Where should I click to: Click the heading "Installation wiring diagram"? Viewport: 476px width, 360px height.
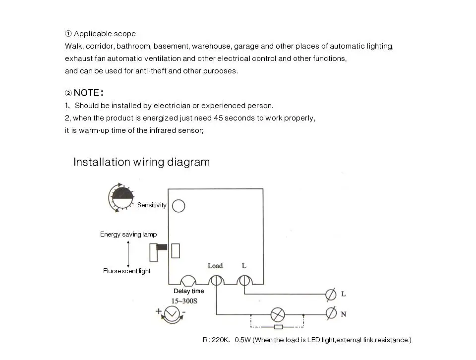point(141,162)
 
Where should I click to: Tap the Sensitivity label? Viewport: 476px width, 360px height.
point(152,205)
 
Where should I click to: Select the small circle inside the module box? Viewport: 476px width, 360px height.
point(178,206)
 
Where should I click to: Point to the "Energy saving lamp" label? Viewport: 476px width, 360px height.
point(128,235)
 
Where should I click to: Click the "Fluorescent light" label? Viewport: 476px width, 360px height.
point(127,271)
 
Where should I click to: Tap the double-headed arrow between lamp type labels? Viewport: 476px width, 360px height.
point(128,253)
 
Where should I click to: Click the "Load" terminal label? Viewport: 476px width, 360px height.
point(215,266)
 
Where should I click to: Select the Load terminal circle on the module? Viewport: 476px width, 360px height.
point(216,281)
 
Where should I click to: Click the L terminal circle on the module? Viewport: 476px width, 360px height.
point(243,281)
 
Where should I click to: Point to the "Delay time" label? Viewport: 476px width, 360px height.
point(188,291)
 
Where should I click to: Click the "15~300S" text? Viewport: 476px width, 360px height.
point(184,301)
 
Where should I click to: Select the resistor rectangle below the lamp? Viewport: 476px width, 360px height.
point(278,327)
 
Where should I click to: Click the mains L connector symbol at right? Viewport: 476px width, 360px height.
point(330,294)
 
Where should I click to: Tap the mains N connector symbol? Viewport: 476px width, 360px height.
point(330,313)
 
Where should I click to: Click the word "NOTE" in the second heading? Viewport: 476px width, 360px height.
point(86,93)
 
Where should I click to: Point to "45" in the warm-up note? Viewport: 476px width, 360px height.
point(219,119)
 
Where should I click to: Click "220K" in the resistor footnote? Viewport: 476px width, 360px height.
point(220,340)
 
